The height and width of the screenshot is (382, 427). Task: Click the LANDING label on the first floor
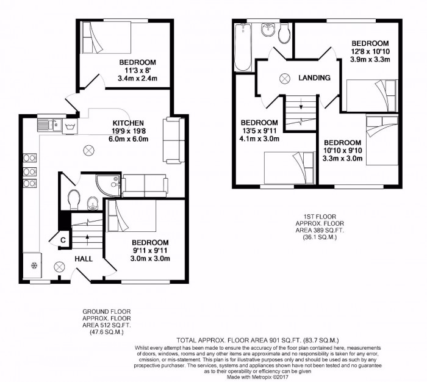314,78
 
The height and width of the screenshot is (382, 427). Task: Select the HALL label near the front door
84,259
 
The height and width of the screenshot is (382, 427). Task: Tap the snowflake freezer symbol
32,265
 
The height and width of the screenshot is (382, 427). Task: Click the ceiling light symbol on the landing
285,78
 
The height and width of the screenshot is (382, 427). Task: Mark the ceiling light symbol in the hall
60,267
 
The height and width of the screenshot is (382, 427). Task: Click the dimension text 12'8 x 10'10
370,52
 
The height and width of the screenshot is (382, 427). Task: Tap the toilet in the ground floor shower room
74,199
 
